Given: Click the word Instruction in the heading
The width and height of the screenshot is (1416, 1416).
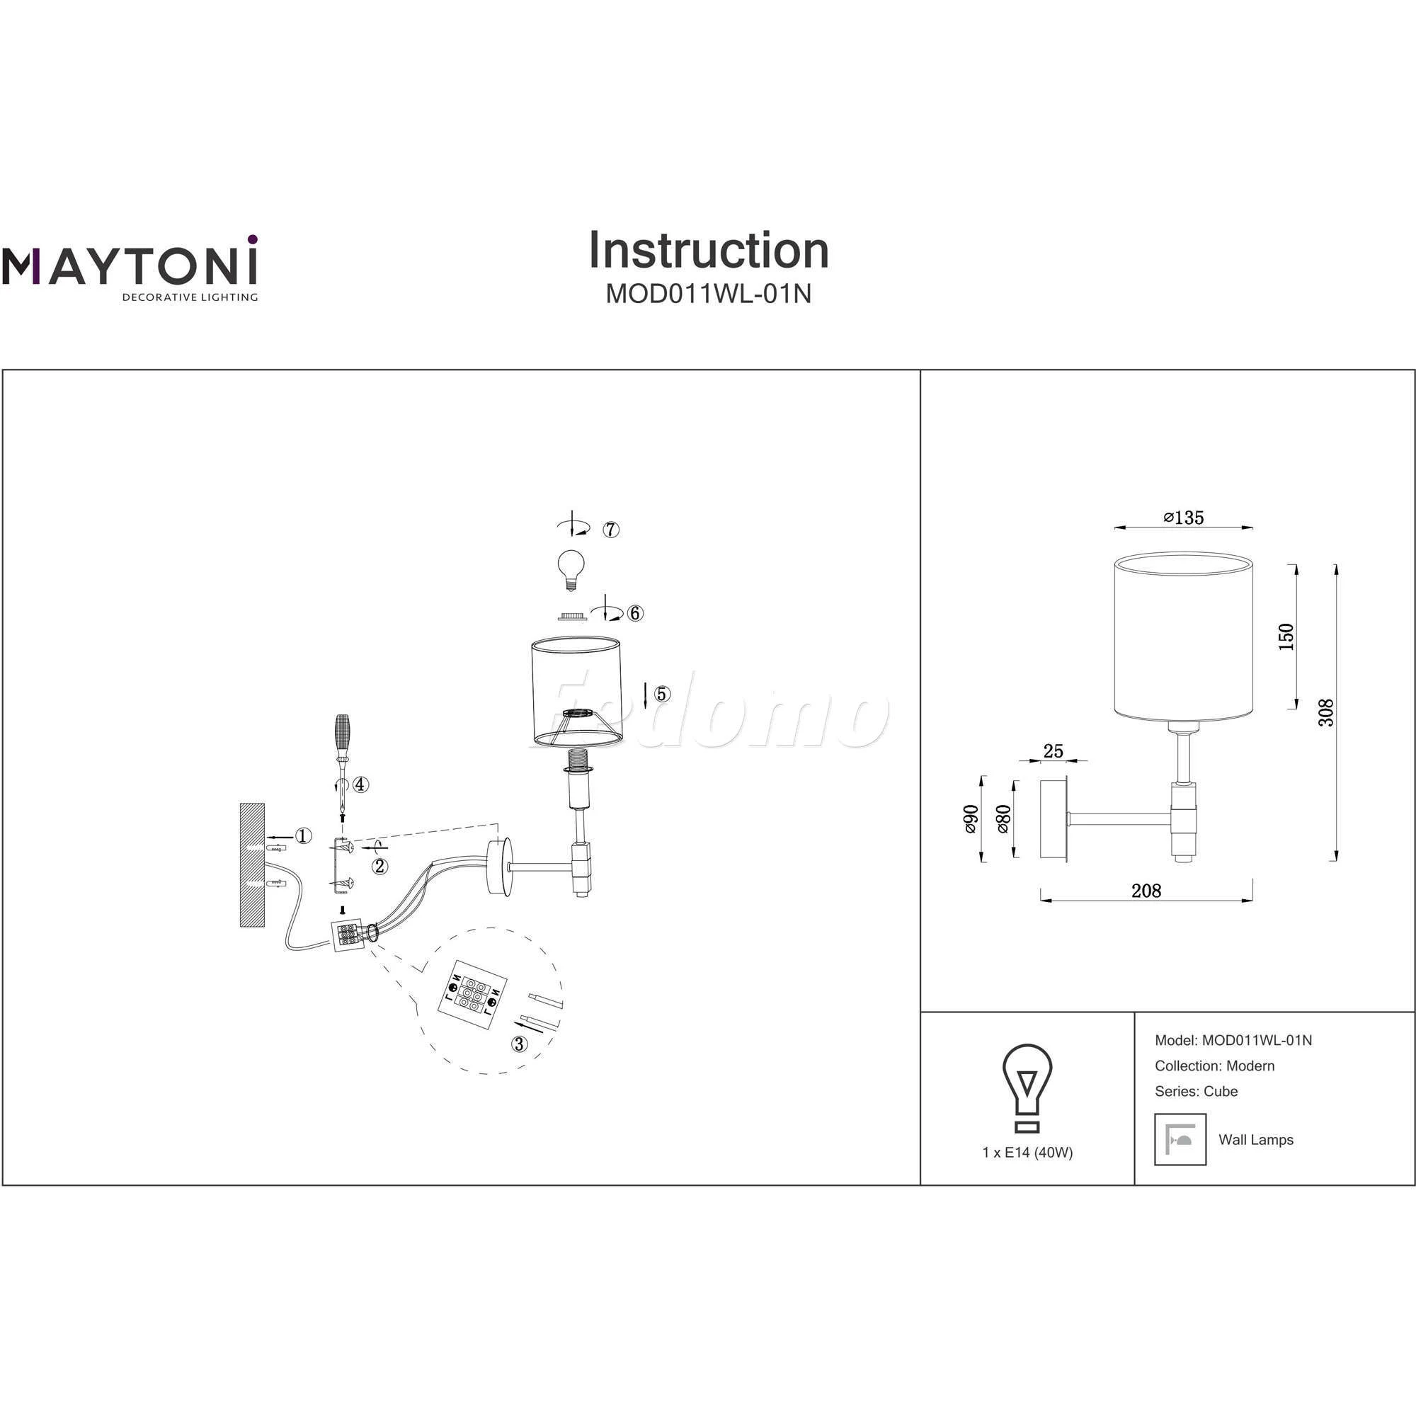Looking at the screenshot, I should pyautogui.click(x=708, y=251).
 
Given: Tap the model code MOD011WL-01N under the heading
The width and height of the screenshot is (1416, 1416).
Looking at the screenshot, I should pyautogui.click(x=708, y=293).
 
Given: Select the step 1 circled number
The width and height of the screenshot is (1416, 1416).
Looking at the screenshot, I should pyautogui.click(x=304, y=836).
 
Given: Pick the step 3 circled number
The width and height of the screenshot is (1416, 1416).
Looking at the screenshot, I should pyautogui.click(x=520, y=1044).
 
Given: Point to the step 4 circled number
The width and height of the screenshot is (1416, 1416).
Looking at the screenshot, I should pyautogui.click(x=360, y=784).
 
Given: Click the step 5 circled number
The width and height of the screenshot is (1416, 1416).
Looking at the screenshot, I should pyautogui.click(x=662, y=693).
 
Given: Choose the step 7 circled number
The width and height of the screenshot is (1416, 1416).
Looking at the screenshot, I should pyautogui.click(x=611, y=529).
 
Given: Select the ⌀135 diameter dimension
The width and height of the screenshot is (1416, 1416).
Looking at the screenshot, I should pyautogui.click(x=1183, y=518).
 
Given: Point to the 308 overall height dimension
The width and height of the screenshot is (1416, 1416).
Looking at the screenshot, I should pyautogui.click(x=1325, y=712).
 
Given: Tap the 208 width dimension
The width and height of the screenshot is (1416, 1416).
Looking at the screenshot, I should pyautogui.click(x=1146, y=891).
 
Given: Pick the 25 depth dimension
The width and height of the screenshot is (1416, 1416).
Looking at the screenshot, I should pyautogui.click(x=1053, y=750).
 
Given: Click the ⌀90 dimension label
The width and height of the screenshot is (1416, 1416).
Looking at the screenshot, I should pyautogui.click(x=970, y=818).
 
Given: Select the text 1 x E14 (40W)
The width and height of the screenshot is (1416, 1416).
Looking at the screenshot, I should pyautogui.click(x=1027, y=1152).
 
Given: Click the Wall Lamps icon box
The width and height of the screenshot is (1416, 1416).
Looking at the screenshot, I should pyautogui.click(x=1180, y=1139).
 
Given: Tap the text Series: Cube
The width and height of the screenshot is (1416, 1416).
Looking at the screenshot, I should pyautogui.click(x=1195, y=1090).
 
